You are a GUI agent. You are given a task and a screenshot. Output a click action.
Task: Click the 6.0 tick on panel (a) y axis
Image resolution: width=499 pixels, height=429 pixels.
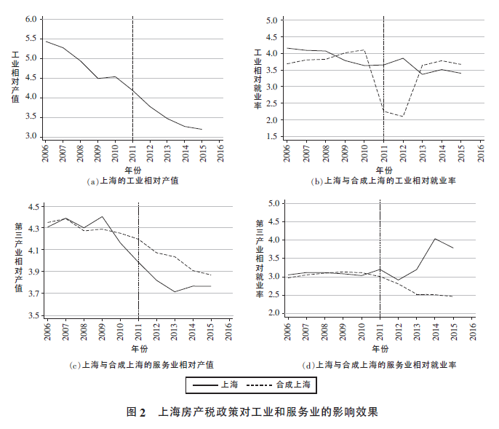click(x=30, y=19)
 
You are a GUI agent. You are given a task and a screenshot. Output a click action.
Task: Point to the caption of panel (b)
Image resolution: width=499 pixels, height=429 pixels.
click(x=383, y=181)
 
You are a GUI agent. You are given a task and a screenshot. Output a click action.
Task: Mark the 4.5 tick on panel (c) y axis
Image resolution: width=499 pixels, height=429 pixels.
click(x=33, y=207)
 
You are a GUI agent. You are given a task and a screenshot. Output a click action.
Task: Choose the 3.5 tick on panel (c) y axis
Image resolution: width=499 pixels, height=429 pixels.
click(x=33, y=315)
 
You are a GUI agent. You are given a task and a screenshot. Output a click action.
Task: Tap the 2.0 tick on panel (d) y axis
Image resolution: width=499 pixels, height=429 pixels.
click(x=274, y=312)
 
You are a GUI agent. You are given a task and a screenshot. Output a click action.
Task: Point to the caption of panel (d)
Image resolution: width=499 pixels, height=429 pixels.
click(x=384, y=364)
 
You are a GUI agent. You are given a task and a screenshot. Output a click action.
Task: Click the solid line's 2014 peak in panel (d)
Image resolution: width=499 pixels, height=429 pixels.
click(x=435, y=238)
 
